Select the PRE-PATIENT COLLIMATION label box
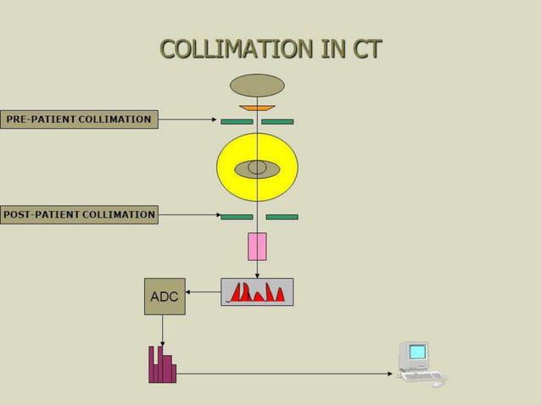tap(79, 119)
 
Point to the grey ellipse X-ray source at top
tap(257, 86)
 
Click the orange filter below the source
tap(257, 108)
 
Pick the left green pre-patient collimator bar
tap(237, 122)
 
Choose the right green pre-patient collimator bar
tap(277, 122)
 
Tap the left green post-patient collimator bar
tap(237, 217)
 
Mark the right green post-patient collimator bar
tap(282, 217)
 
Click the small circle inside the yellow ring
tap(257, 168)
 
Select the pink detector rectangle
tap(257, 247)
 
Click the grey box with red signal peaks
tap(257, 292)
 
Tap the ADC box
tap(165, 297)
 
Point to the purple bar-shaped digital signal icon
tap(162, 364)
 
